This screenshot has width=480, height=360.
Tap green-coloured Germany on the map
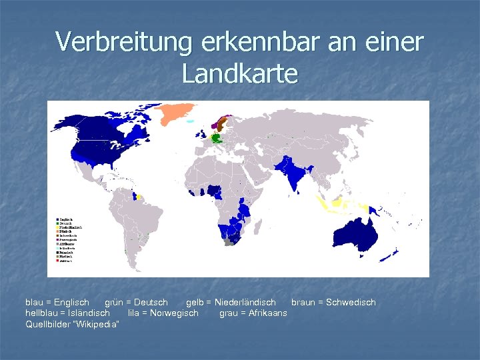coord(215,138)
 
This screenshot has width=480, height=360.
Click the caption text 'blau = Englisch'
coord(57,303)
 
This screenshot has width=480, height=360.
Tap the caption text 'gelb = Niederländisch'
coord(231,303)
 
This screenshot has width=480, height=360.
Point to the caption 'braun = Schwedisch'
coord(333,303)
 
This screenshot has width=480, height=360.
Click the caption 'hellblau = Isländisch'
coord(67,313)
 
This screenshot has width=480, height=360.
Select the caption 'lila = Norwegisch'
coord(163,313)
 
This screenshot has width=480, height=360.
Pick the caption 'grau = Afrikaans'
coord(253,313)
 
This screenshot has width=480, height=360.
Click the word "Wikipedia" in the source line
coord(95,324)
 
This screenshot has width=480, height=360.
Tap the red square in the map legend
coord(57,261)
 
